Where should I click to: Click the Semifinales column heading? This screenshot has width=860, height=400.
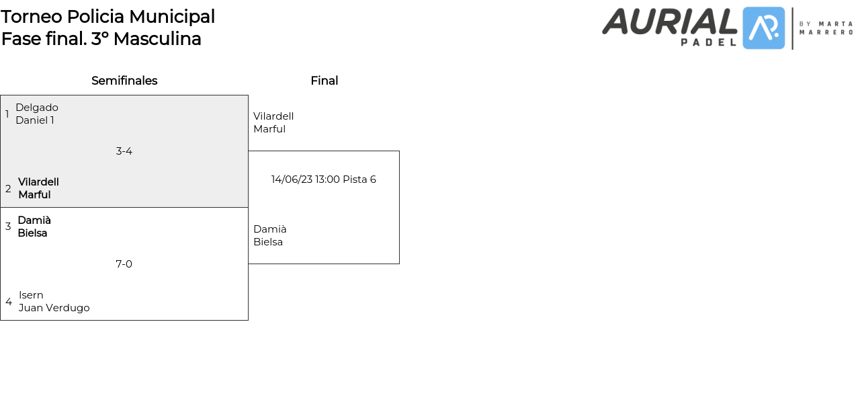tap(124, 81)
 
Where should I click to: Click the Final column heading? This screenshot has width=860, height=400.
tap(324, 81)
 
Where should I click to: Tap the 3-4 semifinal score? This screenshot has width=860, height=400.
tap(124, 151)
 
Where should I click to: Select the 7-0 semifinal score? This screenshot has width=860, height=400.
tap(124, 264)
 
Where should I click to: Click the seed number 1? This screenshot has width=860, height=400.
tap(7, 114)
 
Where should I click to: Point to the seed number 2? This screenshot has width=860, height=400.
tap(8, 189)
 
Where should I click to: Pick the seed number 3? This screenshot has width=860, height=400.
tap(8, 227)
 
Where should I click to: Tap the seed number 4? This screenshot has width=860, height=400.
tap(9, 302)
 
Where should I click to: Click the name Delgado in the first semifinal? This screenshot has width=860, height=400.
tap(37, 108)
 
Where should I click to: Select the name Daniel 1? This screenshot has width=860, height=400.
tap(35, 120)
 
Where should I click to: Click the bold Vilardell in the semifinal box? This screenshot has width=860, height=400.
tap(38, 182)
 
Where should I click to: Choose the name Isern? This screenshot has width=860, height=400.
tap(31, 295)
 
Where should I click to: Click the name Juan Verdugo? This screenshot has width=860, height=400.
tap(54, 308)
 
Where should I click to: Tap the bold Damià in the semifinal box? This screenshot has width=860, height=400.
tap(34, 221)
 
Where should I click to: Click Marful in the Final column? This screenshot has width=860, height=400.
tap(269, 129)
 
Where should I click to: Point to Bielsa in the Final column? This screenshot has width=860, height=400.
tap(268, 242)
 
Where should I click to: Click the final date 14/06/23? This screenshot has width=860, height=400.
tap(292, 179)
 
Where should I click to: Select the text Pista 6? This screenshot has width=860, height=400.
tap(359, 179)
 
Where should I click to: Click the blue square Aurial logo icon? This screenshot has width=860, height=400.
tap(763, 28)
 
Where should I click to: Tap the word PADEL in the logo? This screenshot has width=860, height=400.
tap(708, 42)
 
